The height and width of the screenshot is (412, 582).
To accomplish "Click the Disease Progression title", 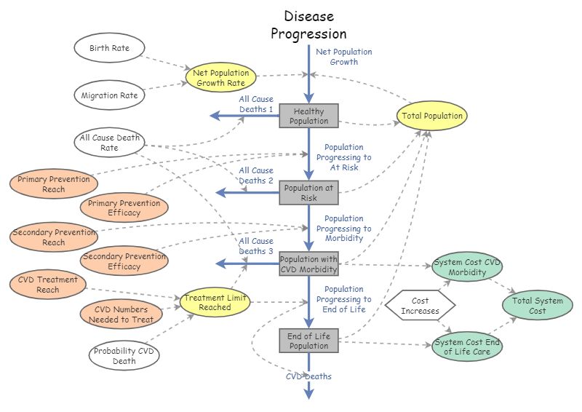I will [308, 25].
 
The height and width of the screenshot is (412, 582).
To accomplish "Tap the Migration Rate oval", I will [109, 95].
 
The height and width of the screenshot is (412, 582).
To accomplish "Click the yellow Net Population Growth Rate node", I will [220, 78].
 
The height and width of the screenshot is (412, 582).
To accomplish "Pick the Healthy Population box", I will [309, 116].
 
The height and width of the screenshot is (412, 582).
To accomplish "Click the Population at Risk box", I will [309, 193].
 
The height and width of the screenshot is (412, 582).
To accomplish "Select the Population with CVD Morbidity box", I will [309, 264].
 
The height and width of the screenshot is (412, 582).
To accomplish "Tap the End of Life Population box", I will [309, 341].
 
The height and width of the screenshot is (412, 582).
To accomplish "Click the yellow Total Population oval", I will [432, 116].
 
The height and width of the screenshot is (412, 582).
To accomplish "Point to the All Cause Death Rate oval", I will [110, 142].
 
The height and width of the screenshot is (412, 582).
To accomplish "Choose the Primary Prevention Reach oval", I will [54, 184].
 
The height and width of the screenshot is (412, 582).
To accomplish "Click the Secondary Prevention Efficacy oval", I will [124, 261].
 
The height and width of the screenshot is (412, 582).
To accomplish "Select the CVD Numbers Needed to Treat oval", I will [124, 314].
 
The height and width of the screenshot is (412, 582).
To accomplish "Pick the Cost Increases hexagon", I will [420, 306].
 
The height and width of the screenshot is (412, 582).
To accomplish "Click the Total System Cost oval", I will [538, 306].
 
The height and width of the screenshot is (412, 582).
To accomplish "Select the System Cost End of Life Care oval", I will [467, 346].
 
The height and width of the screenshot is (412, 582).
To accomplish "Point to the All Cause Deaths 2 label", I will [256, 175].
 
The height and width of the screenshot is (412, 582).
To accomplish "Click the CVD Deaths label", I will [308, 376].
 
